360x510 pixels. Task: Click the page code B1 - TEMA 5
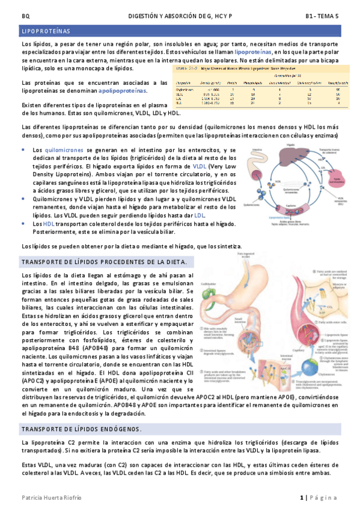tap(322, 15)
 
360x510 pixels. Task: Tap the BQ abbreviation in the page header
tap(25, 15)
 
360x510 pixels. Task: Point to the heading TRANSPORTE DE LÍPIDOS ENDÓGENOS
tap(81, 428)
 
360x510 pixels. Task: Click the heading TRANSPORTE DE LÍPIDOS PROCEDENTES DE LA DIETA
tap(103, 262)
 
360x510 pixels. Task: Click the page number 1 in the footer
tap(303, 497)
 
